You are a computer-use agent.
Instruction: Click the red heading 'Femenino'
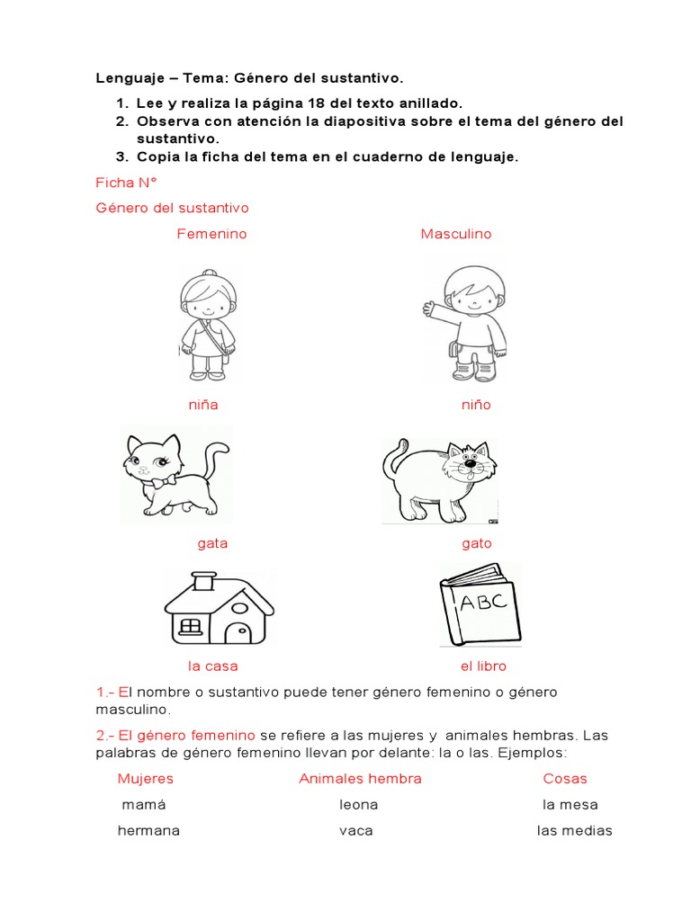point(211,234)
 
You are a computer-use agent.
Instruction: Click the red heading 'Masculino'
point(456,234)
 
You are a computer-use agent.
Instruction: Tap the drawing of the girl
point(205,325)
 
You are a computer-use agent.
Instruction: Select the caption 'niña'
point(203,405)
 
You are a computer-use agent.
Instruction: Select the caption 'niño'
point(476,405)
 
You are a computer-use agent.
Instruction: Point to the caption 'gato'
point(476,543)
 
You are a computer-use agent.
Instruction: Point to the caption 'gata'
point(212,543)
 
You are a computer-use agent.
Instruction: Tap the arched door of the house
point(238,630)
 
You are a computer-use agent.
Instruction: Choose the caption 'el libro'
point(483,666)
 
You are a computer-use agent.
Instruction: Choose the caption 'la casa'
point(212,666)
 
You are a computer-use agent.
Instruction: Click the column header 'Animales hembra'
point(360,779)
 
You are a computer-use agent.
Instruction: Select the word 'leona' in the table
point(358,805)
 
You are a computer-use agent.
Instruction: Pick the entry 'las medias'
point(574,831)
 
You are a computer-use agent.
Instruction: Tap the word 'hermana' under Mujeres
point(148,831)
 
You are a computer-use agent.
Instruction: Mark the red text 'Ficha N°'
point(127,183)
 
